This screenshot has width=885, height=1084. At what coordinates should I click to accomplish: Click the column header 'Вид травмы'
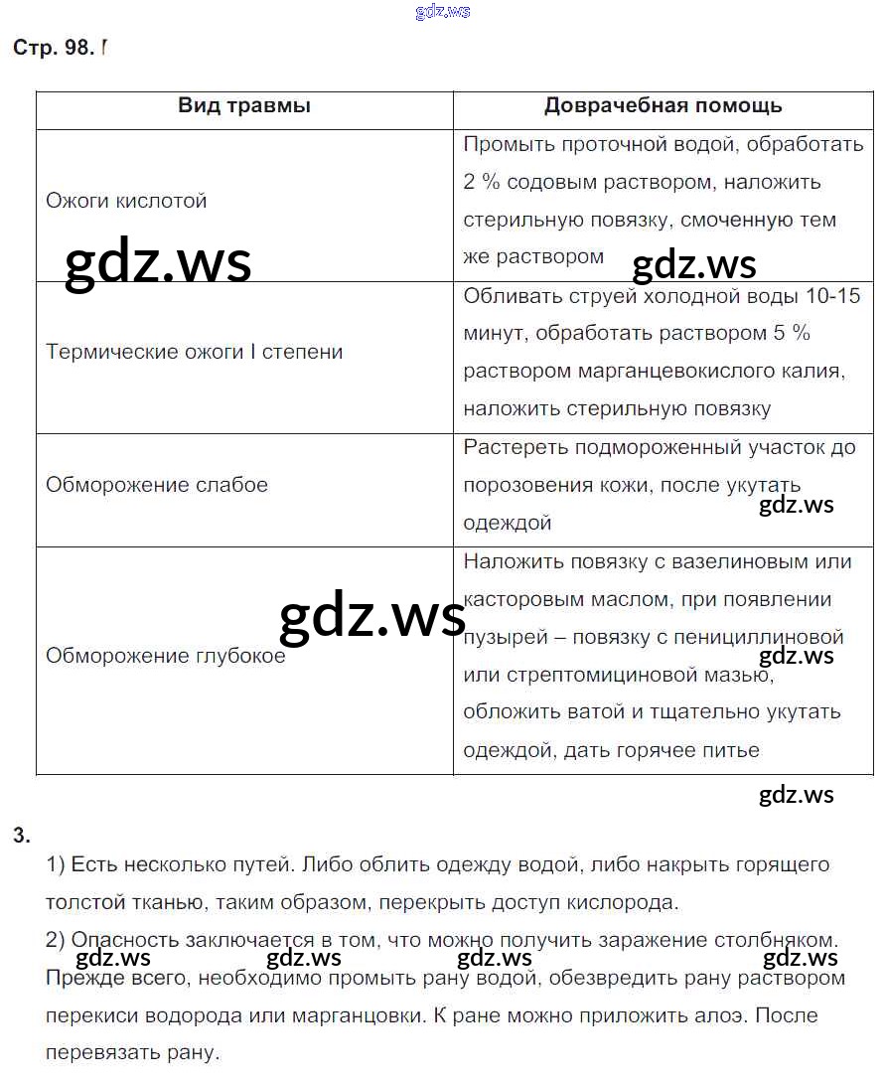click(244, 105)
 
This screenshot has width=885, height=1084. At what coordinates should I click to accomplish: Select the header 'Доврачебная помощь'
click(663, 105)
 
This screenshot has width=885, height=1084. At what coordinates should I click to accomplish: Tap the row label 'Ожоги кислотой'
click(126, 201)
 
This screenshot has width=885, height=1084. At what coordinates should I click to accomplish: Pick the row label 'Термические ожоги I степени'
click(194, 352)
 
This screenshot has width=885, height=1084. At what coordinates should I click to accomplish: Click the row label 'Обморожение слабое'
click(157, 485)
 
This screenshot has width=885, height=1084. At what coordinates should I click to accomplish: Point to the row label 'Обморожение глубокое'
click(165, 656)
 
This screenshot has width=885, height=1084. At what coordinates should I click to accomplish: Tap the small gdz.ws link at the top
click(442, 11)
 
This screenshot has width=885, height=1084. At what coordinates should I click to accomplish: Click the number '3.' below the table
click(22, 835)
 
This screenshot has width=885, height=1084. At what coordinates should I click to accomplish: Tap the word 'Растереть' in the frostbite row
click(511, 447)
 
